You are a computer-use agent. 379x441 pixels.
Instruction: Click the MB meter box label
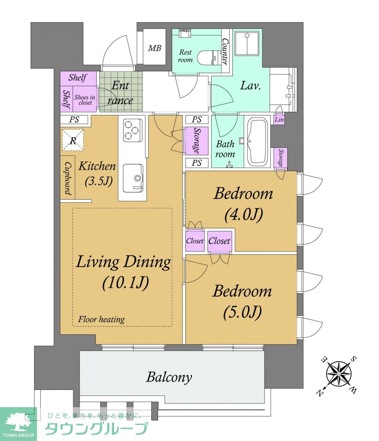[155, 48]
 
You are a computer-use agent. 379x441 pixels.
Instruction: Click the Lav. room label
[250, 86]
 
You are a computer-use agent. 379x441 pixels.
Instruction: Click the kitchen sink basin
[133, 178]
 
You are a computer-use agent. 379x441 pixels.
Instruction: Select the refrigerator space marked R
[73, 140]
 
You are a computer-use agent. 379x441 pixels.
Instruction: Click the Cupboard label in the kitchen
[68, 178]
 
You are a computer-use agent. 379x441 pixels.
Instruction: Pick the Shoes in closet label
[84, 100]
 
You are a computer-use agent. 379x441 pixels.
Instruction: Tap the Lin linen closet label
[279, 119]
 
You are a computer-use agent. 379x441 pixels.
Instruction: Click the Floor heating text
[101, 319]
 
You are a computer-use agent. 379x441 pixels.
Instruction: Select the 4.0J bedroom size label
[243, 214]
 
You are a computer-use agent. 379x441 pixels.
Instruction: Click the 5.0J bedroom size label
[242, 312]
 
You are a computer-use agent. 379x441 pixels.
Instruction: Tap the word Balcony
[169, 377]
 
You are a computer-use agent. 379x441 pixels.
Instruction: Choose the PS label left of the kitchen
[74, 119]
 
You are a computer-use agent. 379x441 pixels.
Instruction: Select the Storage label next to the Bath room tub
[281, 158]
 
